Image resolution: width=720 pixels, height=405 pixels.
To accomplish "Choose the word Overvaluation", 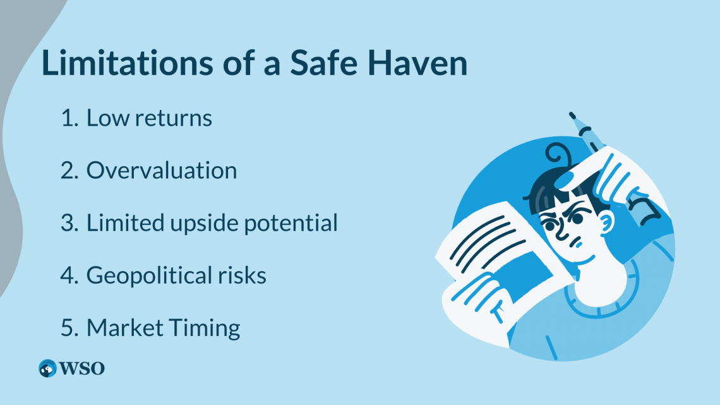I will tap(162, 171).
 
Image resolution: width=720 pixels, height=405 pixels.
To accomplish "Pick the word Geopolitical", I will tap(152, 276).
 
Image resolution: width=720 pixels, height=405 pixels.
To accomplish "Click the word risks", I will tap(243, 275).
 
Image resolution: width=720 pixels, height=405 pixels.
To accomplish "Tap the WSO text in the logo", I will tap(82, 368).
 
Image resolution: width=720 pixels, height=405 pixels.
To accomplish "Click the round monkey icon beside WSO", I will tap(48, 368).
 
